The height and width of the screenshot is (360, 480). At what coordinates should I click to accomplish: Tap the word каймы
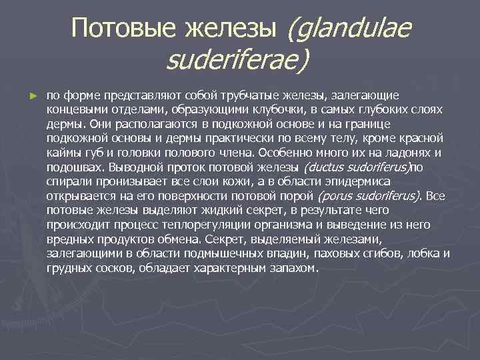tap(62, 153)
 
